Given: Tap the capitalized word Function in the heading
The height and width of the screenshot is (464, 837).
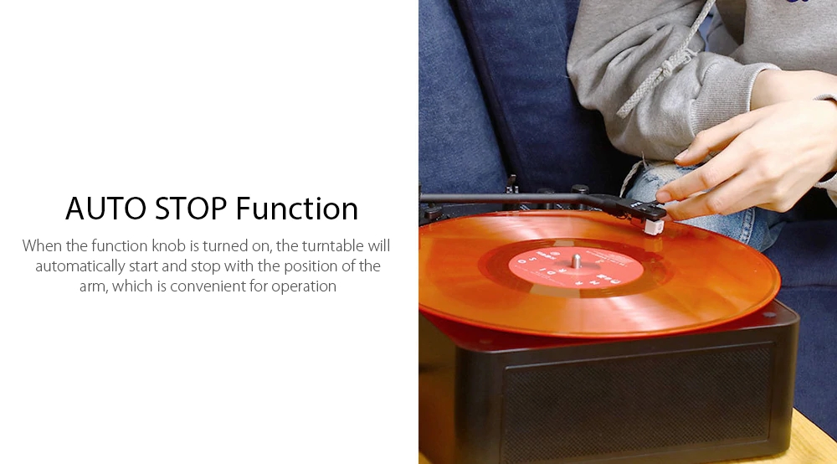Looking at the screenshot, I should point(297,209).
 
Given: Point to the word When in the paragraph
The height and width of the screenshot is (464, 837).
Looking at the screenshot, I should point(43,246).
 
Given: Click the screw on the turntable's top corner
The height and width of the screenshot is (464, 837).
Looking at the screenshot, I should point(767,317).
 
